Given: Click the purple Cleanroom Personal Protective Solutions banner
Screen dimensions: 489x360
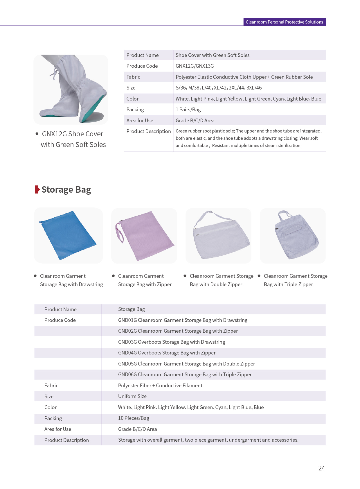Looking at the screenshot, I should [284, 22].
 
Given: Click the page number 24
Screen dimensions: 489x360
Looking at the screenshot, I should [321, 468].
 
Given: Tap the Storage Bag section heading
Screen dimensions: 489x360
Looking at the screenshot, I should [66, 189].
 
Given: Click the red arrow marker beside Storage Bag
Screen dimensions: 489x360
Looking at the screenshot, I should [37, 189].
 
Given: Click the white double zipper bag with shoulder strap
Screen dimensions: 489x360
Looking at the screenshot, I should [221, 237].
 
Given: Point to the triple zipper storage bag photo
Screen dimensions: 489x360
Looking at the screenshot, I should [295, 235].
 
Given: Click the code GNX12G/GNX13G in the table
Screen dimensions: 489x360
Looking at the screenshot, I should [195, 66].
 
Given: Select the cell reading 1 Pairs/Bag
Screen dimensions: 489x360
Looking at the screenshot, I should [188, 110].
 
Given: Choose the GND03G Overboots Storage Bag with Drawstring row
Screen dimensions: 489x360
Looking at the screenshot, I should [172, 342].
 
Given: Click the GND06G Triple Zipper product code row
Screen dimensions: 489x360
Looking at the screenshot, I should [185, 375].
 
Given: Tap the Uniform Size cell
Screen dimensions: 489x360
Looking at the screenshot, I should [132, 396].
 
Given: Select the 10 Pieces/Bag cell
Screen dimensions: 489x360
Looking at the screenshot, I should [134, 418].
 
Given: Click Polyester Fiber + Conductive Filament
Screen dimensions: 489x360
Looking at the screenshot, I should [160, 386].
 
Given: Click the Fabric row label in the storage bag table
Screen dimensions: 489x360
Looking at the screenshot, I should [51, 386].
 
